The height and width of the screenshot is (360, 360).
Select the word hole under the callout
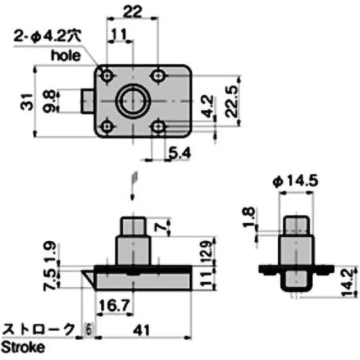(x=66, y=55)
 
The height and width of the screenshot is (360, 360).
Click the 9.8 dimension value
(x=50, y=101)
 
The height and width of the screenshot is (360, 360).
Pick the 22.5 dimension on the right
(x=231, y=103)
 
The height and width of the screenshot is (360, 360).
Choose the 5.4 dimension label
(x=180, y=153)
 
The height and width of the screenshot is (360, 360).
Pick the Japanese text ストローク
(x=38, y=330)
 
